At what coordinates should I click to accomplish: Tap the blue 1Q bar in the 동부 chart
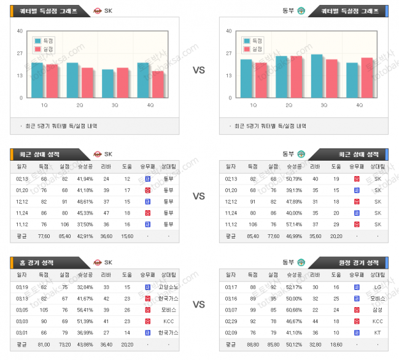tap(246, 79)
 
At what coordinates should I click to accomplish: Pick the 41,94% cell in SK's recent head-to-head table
tap(85, 179)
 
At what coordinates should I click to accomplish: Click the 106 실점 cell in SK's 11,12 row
tap(65, 224)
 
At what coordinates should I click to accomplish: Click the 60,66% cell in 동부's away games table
tap(293, 310)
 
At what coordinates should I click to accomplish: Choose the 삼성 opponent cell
tap(378, 310)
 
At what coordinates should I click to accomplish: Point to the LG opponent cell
tap(378, 287)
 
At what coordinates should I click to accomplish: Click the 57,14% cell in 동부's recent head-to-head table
tap(293, 224)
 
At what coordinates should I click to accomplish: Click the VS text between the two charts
tap(199, 70)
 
